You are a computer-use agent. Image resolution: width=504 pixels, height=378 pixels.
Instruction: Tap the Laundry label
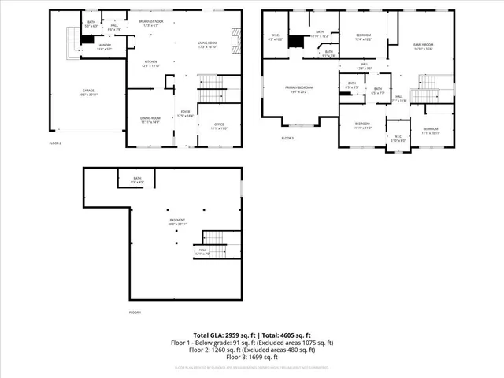tap(103, 46)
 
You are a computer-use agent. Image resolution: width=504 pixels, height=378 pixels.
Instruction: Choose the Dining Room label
tap(150, 120)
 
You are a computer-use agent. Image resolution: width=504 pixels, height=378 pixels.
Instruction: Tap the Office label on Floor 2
tap(218, 126)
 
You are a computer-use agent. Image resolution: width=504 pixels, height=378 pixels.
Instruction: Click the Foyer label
tap(183, 114)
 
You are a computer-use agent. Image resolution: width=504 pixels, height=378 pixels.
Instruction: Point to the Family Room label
tap(426, 46)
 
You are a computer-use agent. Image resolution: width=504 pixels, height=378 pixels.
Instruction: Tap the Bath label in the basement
tap(137, 180)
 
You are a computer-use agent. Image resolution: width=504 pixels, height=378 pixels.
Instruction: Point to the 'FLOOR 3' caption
tap(287, 138)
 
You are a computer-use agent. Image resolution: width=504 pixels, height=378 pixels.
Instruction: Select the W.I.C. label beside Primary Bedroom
tap(273, 37)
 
